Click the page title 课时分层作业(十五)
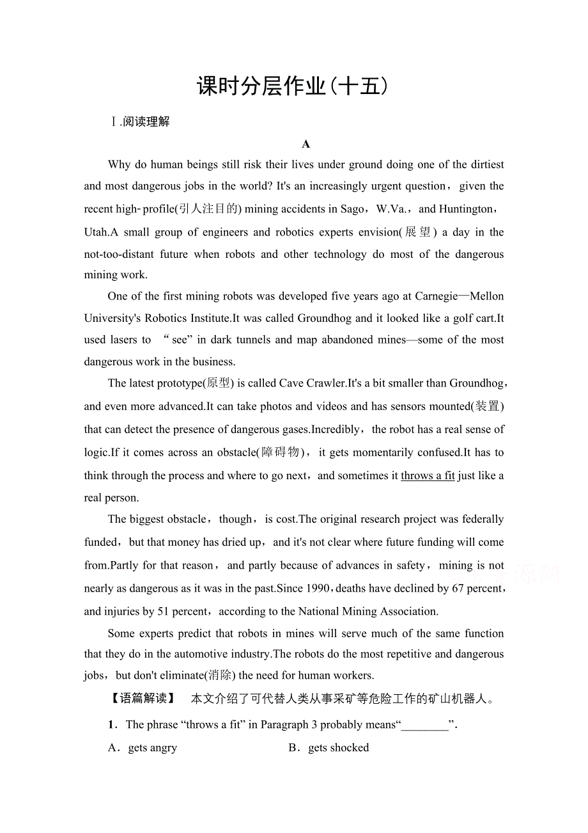point(293,86)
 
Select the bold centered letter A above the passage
point(306,144)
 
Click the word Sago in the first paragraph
point(352,209)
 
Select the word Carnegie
point(437,296)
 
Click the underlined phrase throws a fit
point(428,475)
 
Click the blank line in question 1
point(424,725)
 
